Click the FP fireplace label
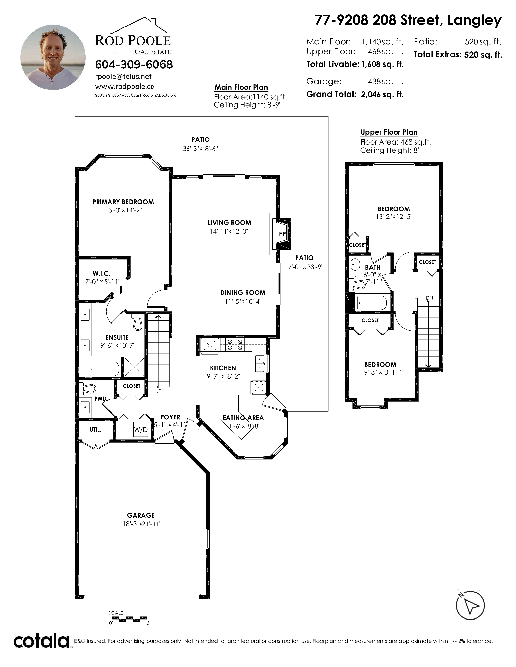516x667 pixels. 282,234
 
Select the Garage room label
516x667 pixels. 141,515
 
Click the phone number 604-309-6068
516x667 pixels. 134,64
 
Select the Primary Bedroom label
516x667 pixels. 123,202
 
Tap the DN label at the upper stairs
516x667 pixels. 429,298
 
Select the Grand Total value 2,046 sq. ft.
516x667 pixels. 382,94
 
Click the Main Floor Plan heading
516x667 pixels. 241,87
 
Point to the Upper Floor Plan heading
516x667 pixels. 389,132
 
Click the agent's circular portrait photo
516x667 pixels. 53,57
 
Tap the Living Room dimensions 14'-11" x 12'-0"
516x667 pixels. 229,231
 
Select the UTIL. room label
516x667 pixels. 95,429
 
